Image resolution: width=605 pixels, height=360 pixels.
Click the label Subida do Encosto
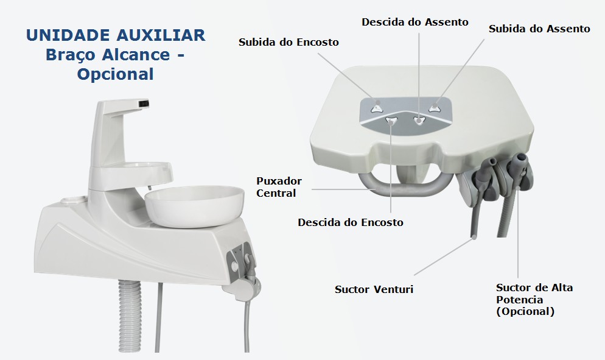tap(289, 42)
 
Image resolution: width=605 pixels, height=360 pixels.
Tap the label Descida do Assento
tap(414, 22)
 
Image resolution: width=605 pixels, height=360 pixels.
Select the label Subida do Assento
tap(539, 29)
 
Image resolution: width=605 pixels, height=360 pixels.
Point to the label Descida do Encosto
tap(351, 222)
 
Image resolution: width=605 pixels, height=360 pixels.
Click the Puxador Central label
tap(279, 187)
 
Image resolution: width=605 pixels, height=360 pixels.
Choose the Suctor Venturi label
tap(374, 289)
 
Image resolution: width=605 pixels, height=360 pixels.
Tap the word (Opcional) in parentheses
tap(525, 311)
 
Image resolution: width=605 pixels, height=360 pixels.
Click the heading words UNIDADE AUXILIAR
tap(116, 35)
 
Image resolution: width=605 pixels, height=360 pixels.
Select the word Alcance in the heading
tap(136, 55)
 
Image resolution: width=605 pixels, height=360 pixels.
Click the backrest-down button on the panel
tap(391, 121)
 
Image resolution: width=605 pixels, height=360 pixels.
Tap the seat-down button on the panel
tap(419, 121)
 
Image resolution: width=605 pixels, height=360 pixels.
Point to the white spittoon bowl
tap(195, 206)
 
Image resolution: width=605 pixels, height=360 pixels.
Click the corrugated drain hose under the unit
tap(130, 315)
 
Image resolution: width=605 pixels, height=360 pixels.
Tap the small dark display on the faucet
tap(144, 103)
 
